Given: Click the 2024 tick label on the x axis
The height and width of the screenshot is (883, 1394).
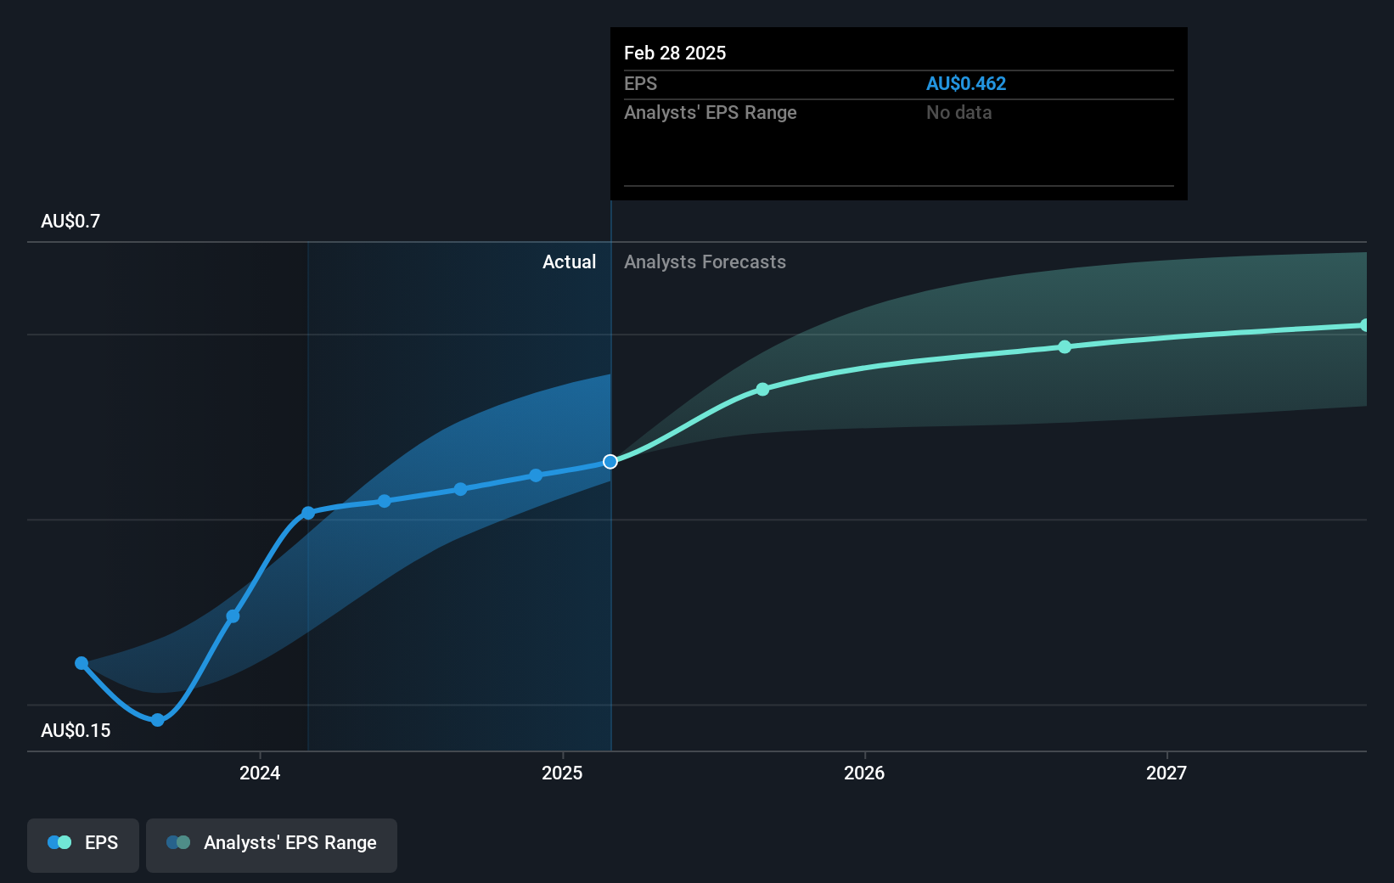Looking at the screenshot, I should (259, 773).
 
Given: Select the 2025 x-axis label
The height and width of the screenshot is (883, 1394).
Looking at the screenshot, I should (562, 773).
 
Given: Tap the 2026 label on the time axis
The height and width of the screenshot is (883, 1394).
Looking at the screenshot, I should (863, 773).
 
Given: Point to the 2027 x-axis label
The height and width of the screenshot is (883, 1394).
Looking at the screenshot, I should (1166, 773).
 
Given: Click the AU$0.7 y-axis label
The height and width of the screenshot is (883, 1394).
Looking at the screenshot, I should (70, 222).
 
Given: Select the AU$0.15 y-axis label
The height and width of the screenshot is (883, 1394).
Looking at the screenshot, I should (76, 731).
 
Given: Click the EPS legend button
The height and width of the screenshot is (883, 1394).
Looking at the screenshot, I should (83, 843).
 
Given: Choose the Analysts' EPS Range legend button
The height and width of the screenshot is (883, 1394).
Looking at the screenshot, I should (272, 843).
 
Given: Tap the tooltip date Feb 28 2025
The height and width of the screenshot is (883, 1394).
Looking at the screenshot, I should (675, 53).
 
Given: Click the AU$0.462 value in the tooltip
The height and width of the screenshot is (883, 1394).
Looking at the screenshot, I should (965, 83).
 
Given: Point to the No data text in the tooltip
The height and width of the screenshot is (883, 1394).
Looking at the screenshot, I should (958, 112).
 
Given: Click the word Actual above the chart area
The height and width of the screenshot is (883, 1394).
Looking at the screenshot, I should (569, 262).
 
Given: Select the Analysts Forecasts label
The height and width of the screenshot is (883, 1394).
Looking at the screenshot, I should (705, 262).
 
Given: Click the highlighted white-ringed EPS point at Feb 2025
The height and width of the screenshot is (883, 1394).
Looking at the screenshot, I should (610, 462).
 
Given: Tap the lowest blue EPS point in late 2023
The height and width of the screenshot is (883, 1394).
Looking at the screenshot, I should (158, 720).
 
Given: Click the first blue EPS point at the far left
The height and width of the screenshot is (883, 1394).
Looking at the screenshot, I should (82, 663).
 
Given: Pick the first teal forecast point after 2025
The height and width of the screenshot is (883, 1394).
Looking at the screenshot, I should (762, 390).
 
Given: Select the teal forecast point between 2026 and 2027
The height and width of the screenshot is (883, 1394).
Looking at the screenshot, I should (1065, 347).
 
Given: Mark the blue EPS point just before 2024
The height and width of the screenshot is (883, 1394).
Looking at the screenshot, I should (233, 616).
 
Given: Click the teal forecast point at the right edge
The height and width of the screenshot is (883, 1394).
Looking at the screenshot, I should (1364, 325).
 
